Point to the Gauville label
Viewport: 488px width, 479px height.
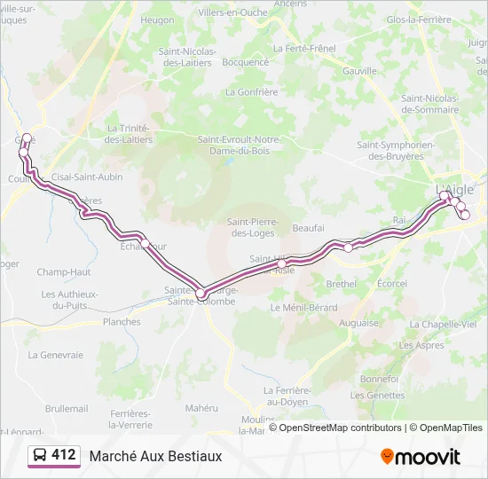[x=360, y=70]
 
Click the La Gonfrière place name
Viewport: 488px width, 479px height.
[x=252, y=91]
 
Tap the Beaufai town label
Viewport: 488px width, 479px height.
[x=308, y=228]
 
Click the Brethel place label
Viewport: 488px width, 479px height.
[x=341, y=284]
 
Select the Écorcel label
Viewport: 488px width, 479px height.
[x=391, y=284]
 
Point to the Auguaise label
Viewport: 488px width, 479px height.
[x=358, y=323]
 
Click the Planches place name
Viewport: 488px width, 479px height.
[x=122, y=322]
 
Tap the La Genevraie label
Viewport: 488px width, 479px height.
[x=55, y=355]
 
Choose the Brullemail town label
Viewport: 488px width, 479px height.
[x=67, y=408]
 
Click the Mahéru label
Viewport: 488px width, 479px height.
[x=201, y=408]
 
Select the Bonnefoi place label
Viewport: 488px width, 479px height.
[x=380, y=378]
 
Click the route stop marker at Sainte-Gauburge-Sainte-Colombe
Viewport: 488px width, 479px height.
[x=201, y=293]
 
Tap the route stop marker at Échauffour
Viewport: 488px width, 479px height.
[x=145, y=242]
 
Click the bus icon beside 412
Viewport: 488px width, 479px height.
[x=40, y=455]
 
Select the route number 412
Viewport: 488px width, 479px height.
[x=64, y=455]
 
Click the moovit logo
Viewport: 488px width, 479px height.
[x=421, y=457]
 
